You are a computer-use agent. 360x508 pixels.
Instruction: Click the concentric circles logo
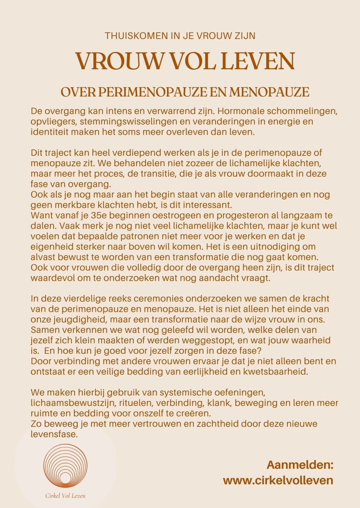coord(66,466)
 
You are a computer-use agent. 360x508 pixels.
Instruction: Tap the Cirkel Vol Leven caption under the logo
coord(66,495)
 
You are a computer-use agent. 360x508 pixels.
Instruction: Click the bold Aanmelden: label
coord(300,465)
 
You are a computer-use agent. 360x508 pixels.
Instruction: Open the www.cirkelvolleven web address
coord(278,480)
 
